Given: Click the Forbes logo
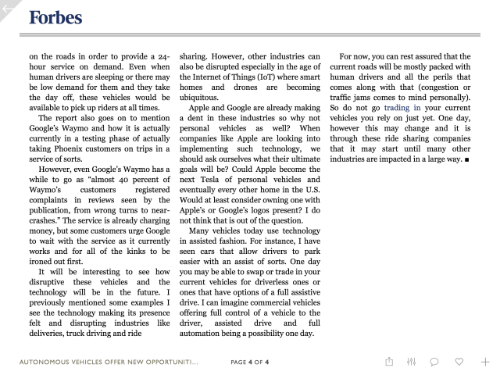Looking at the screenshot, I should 55,17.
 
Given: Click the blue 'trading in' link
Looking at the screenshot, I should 402,107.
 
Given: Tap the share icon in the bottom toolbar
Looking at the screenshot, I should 389,362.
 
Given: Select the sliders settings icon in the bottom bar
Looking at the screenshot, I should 412,362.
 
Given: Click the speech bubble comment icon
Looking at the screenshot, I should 434,362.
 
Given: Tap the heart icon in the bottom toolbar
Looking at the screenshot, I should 459,362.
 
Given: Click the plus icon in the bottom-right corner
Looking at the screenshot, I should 484,362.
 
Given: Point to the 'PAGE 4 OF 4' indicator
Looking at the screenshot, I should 250,362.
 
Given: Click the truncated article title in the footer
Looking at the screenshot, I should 109,362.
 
